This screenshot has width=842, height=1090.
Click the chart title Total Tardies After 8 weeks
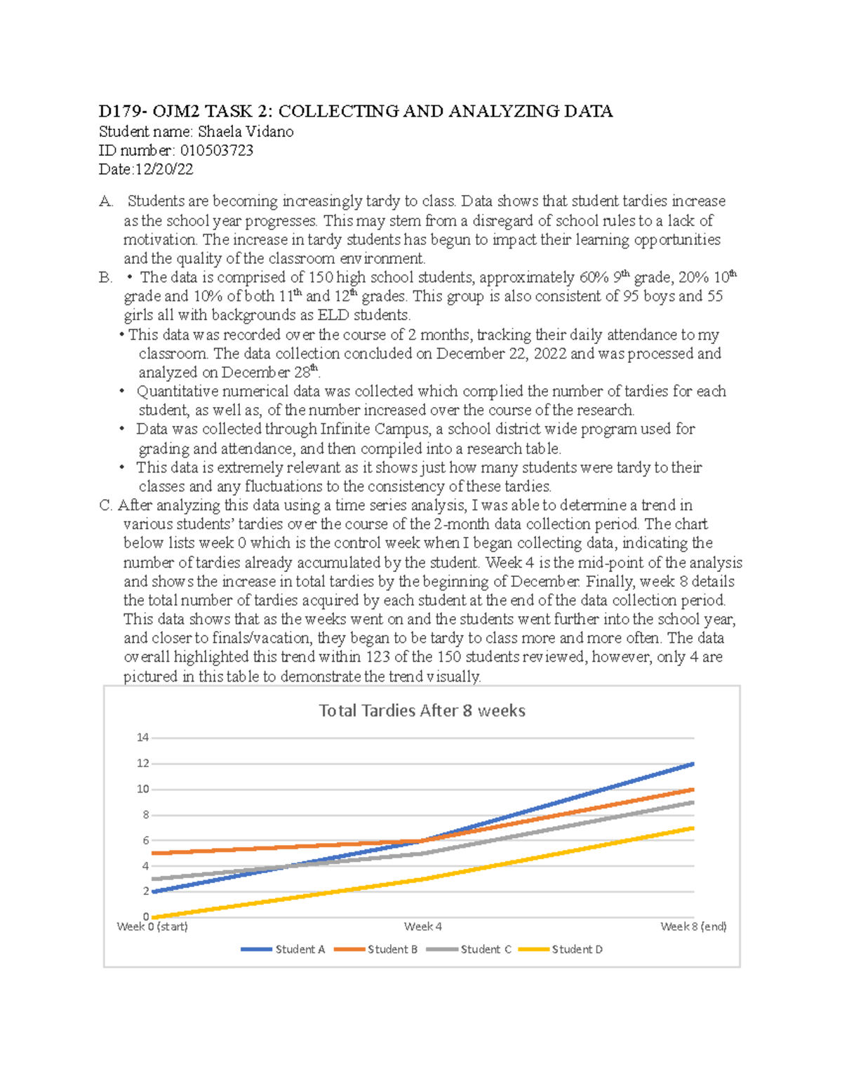[422, 711]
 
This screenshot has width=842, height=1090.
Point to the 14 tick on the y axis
[143, 738]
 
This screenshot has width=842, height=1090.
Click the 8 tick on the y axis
[146, 815]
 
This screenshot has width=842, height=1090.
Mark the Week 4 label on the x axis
[422, 927]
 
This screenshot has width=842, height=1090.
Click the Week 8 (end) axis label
[693, 927]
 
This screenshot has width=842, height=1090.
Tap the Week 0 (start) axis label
[152, 927]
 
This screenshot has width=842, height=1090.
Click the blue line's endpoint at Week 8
[693, 764]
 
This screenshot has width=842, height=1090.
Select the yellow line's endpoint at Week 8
[693, 828]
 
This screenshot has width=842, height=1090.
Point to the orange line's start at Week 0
[153, 853]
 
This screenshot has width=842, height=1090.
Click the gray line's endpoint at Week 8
[693, 802]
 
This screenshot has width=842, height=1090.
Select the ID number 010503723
[217, 151]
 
